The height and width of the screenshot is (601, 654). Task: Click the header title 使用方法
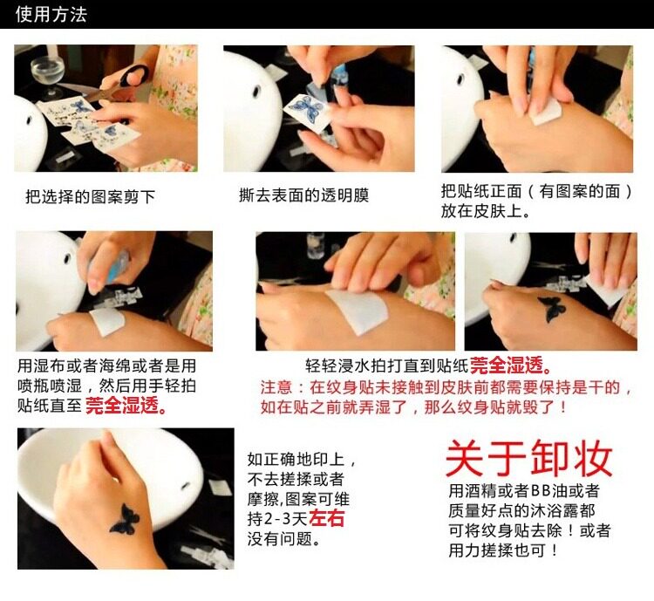coord(51,14)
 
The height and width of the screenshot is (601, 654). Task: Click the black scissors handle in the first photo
coord(133,76)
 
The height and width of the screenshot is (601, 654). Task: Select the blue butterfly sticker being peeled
coord(307,109)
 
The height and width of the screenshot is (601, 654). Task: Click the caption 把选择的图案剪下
coord(90,196)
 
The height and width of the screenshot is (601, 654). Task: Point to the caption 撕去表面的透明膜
coord(304,195)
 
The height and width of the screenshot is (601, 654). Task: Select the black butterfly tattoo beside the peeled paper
coord(551,310)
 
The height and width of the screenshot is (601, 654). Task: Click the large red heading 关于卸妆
coord(529,458)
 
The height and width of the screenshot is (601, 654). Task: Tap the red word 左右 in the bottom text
coord(327,518)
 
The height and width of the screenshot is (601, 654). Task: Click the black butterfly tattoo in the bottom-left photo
coord(124,519)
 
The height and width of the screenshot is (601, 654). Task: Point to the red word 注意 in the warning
coord(276,387)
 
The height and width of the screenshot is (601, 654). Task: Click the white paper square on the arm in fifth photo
coord(357,311)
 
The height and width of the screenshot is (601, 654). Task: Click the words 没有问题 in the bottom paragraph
coord(279,539)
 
